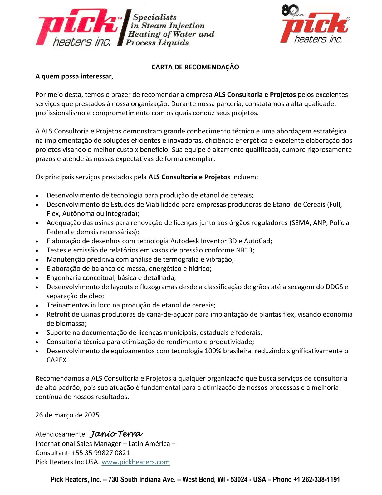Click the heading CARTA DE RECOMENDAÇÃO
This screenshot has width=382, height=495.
(x=195, y=67)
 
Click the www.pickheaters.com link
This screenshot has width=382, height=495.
(x=135, y=462)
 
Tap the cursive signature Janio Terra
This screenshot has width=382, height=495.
(x=116, y=434)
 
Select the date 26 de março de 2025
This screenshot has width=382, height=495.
(x=68, y=415)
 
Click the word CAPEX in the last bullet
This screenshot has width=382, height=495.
(x=57, y=360)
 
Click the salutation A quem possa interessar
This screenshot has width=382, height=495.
(x=74, y=77)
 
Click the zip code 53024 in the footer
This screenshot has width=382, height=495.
(x=239, y=480)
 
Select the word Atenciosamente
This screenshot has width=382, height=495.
(x=61, y=434)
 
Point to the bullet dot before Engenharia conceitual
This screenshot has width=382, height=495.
(x=37, y=278)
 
